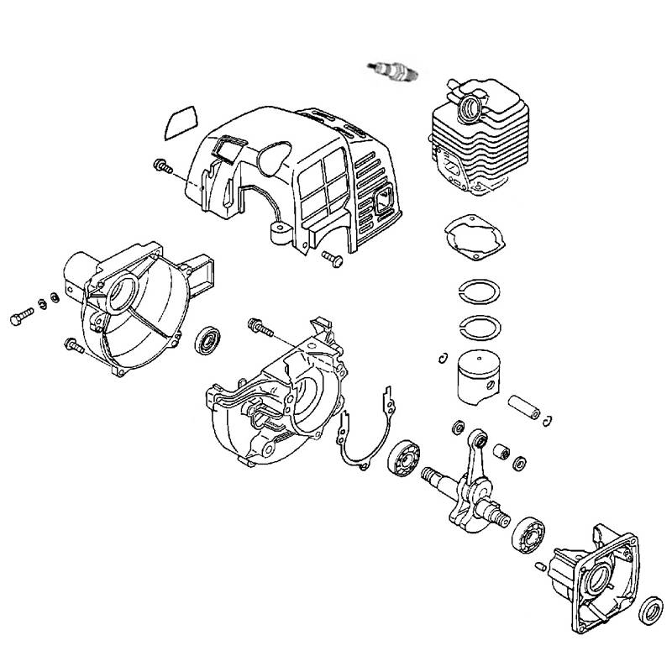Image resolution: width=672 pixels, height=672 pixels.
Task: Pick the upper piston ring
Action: tap(481, 293)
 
